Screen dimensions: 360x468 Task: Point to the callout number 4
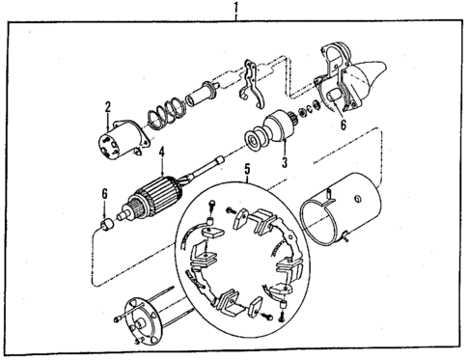(x=162, y=151)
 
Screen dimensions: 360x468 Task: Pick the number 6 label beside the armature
(x=104, y=194)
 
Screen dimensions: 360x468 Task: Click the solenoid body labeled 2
(x=121, y=138)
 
